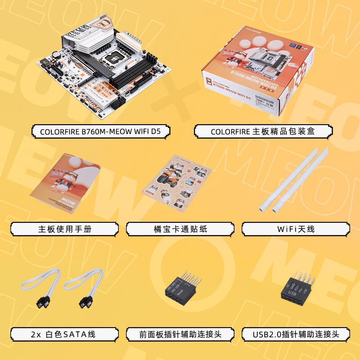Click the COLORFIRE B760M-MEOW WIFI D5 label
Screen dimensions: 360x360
[x=100, y=131]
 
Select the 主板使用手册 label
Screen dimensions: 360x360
[x=64, y=229]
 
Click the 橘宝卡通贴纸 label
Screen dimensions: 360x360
[x=180, y=229]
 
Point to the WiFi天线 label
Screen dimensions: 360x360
[x=296, y=229]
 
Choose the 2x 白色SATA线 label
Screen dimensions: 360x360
[x=64, y=334]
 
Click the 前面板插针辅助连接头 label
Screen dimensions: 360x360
[x=180, y=334]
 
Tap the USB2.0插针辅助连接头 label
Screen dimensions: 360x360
[x=296, y=334]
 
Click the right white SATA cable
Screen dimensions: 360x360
[x=83, y=288]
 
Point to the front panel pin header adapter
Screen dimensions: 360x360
[x=180, y=292]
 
